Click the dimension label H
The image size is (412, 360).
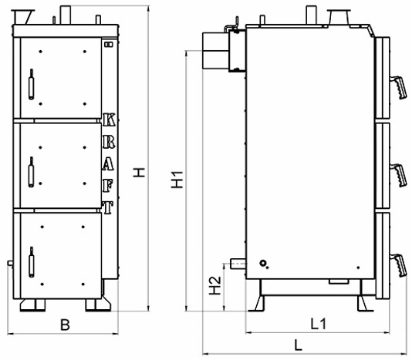point(139,172)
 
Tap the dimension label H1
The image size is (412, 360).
point(177,180)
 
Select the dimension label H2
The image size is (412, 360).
point(214,285)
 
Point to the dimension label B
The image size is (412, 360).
point(65,325)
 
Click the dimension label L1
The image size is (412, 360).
point(318,324)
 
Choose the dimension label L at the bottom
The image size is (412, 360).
point(298,345)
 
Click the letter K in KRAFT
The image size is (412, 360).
point(109,119)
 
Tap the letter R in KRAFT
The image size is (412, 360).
point(109,142)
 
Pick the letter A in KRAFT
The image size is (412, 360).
point(108,164)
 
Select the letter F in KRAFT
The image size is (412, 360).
point(108,186)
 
